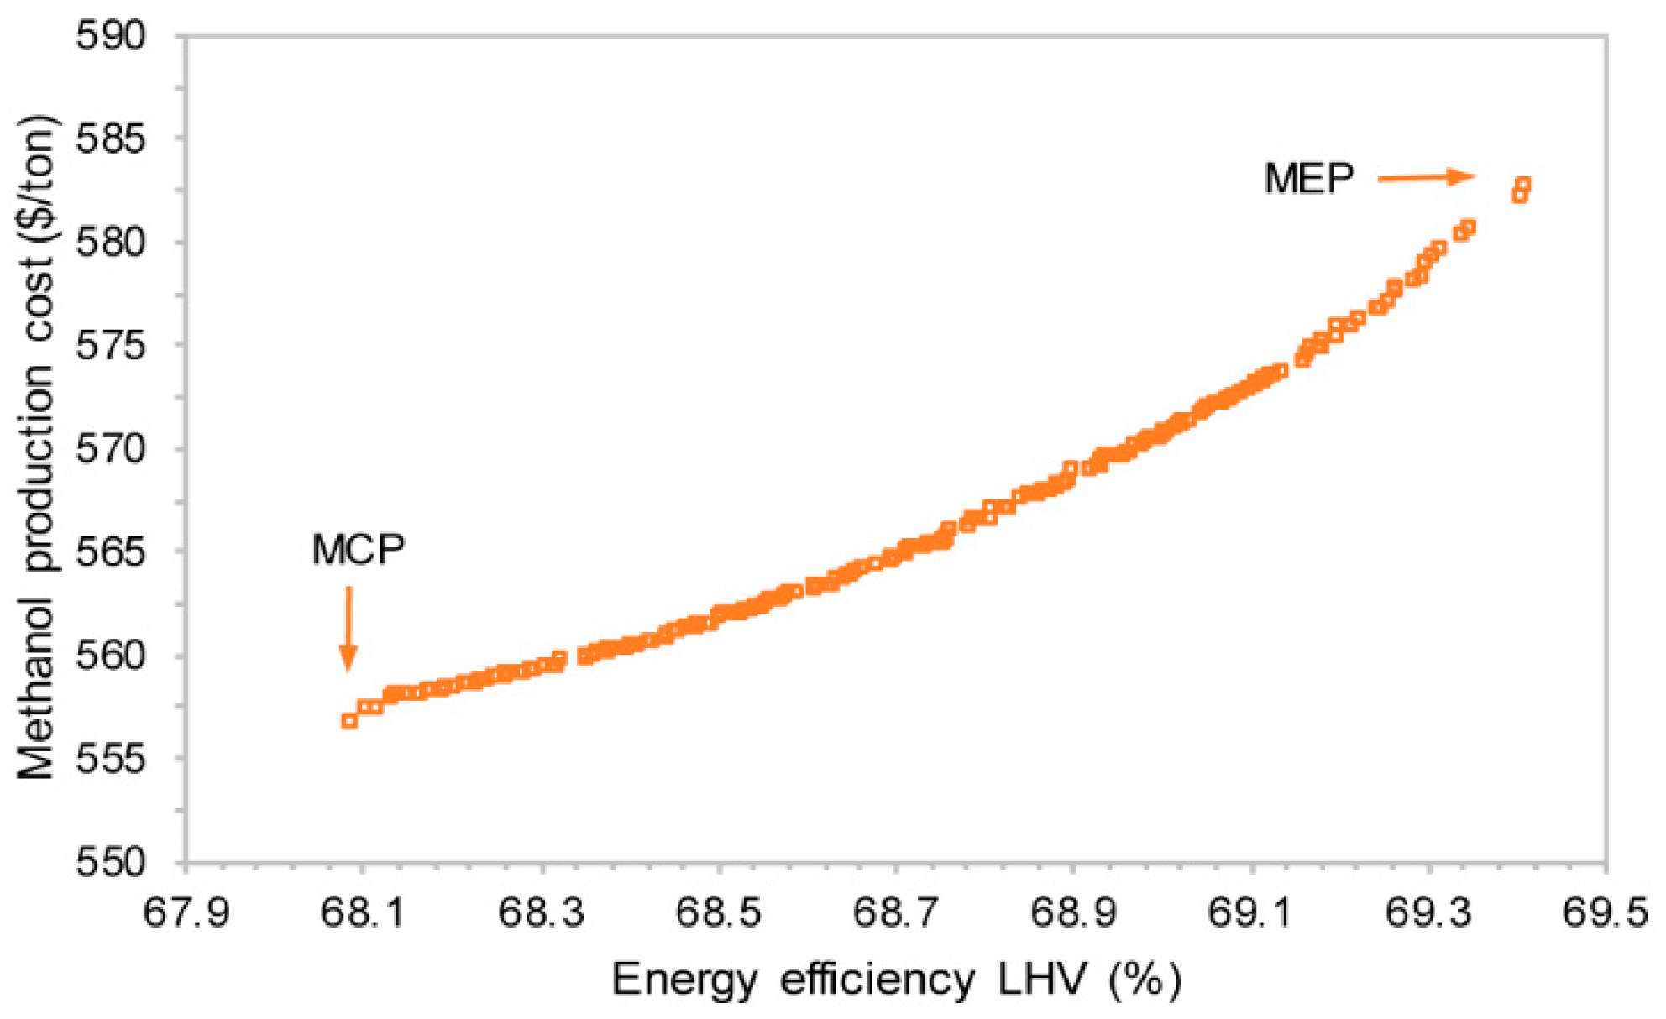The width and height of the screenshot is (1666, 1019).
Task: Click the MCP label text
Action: tap(358, 551)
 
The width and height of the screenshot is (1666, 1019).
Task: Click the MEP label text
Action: tap(1309, 179)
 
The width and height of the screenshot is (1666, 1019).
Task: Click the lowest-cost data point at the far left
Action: tap(349, 720)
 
